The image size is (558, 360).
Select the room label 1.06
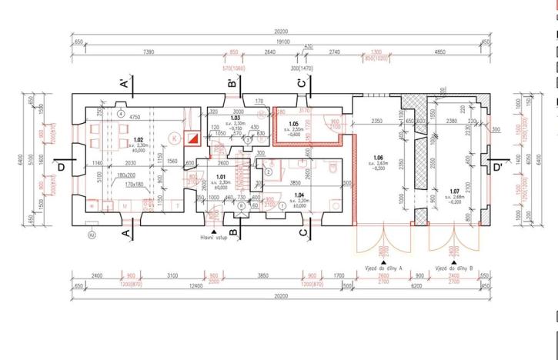tap(377, 158)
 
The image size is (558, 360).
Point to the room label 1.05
tap(293, 124)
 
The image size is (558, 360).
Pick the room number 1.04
tap(300, 195)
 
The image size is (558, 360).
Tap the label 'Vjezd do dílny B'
tap(454, 268)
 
